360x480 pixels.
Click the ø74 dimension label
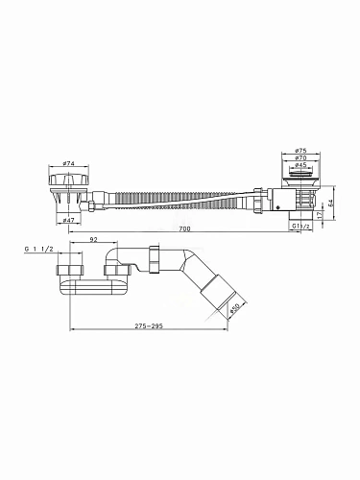[68, 163]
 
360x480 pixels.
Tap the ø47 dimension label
[68, 220]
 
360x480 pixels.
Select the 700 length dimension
[184, 228]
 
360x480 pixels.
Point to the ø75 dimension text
[300, 151]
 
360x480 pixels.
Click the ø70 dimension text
[300, 157]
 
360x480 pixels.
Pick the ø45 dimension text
[300, 165]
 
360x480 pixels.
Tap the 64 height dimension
[330, 203]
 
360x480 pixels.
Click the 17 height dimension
[320, 215]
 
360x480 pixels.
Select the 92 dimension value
[93, 239]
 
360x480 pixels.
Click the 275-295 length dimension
[149, 326]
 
